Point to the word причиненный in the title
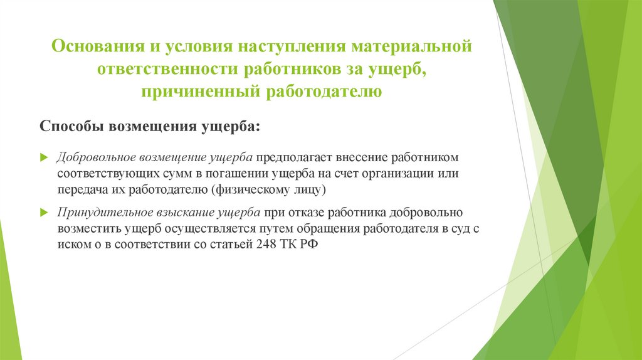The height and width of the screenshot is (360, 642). point(201,93)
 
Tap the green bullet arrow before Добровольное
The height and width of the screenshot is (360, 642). point(43,156)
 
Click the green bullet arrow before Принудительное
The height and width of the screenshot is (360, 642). point(43,213)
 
